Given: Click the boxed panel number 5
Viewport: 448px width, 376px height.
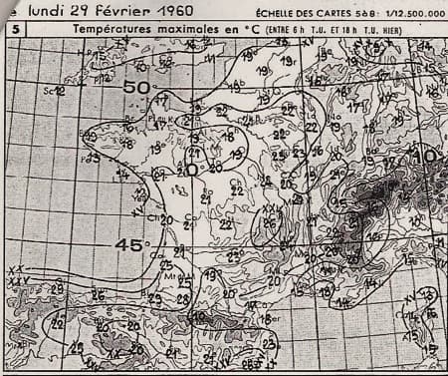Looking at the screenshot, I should [x=17, y=31].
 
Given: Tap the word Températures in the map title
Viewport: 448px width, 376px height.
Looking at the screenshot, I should [x=112, y=31].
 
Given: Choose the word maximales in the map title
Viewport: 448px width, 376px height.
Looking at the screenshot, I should [x=188, y=31].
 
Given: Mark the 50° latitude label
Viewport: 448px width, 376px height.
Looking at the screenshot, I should [x=136, y=88].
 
